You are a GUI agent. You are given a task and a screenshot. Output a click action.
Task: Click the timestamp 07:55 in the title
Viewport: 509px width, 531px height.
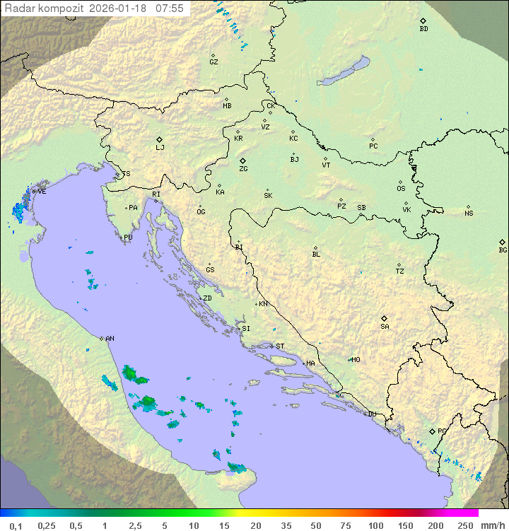click(170, 8)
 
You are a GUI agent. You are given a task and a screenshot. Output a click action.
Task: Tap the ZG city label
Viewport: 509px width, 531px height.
click(243, 169)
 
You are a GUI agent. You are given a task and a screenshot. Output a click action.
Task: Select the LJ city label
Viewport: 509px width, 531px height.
click(160, 148)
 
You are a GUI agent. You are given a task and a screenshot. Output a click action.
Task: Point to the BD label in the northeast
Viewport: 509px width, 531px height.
click(423, 29)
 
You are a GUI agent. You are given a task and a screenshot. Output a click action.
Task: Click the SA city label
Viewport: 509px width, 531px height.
click(385, 327)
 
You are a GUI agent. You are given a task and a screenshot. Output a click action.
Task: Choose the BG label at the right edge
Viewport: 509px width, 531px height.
click(503, 250)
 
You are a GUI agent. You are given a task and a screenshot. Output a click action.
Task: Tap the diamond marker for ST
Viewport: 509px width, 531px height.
click(272, 346)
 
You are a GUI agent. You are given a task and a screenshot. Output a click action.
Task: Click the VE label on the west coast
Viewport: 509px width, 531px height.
click(42, 191)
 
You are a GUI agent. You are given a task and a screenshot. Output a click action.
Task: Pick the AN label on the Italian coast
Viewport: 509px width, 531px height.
click(110, 339)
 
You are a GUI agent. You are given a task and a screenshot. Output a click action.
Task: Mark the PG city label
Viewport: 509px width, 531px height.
click(442, 431)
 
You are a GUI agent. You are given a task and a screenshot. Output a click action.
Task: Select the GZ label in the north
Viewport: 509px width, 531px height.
click(213, 62)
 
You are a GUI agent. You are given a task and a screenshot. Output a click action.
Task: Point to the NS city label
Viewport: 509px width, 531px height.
click(469, 214)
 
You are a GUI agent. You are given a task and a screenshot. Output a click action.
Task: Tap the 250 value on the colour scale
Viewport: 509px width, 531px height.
click(464, 525)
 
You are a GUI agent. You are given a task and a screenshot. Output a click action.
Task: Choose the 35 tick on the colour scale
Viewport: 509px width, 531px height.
click(286, 525)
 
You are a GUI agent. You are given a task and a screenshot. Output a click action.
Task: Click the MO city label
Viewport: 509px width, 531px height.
click(356, 359)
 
